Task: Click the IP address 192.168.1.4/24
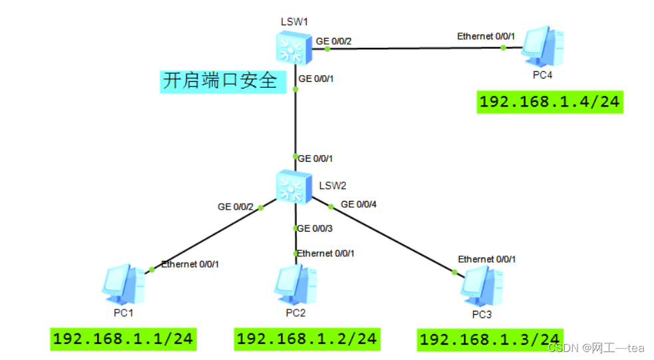(550, 102)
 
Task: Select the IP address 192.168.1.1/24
(123, 338)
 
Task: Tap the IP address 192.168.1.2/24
(307, 338)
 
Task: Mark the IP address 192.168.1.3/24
(490, 339)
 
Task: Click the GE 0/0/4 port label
(359, 204)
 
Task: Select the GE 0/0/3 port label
(314, 228)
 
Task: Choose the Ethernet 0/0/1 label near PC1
(190, 264)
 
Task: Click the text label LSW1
(294, 21)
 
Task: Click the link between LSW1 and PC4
(412, 48)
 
